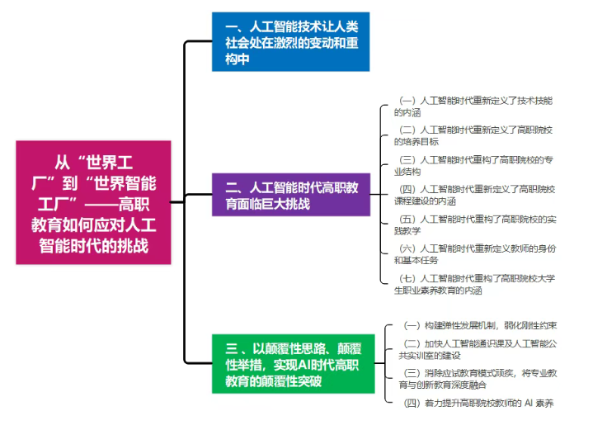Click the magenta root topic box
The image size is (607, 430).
(x=93, y=202)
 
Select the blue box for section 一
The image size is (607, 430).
(x=289, y=41)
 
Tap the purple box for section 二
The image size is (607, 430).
(x=289, y=195)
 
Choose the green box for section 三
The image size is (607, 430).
(x=289, y=363)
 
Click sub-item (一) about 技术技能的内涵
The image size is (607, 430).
(x=474, y=106)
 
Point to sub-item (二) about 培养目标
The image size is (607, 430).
(x=474, y=135)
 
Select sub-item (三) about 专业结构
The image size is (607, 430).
(x=474, y=165)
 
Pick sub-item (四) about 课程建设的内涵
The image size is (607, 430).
(x=474, y=195)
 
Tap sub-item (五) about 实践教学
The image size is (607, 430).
(x=474, y=224)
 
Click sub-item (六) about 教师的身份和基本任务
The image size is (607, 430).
(x=474, y=254)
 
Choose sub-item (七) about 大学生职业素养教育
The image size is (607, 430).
(x=474, y=284)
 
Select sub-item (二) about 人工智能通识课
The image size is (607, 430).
(x=474, y=349)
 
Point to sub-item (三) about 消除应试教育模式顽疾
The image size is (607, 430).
(x=474, y=379)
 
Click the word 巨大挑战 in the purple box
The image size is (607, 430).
(x=280, y=203)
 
